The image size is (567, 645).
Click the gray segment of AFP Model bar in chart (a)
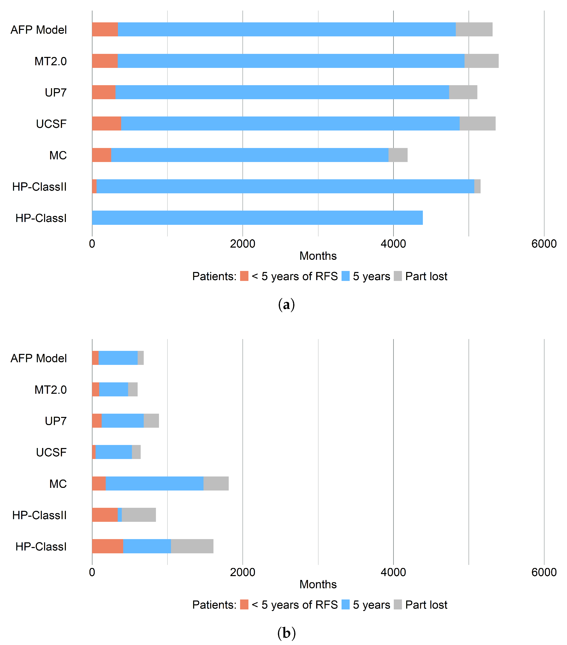[x=474, y=29]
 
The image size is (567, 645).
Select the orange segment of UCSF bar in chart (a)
[x=106, y=123]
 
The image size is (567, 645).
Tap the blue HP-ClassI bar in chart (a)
[x=257, y=218]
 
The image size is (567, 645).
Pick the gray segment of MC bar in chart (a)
[x=398, y=155]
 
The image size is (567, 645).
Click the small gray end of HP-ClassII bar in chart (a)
[x=477, y=186]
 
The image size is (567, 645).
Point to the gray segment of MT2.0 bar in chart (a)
[x=481, y=61]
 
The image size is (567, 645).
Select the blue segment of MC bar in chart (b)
[x=155, y=483]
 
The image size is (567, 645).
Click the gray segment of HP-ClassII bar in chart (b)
[x=139, y=515]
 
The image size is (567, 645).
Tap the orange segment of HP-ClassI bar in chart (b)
[x=108, y=546]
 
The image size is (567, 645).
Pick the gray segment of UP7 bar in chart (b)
[x=151, y=421]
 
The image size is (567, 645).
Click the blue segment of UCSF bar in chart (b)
[x=114, y=452]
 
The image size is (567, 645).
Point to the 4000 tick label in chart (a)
[x=393, y=244]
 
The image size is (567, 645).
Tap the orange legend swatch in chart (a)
[x=244, y=276]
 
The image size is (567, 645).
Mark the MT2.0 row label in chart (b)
[x=50, y=390]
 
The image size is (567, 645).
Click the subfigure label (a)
[x=286, y=305]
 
